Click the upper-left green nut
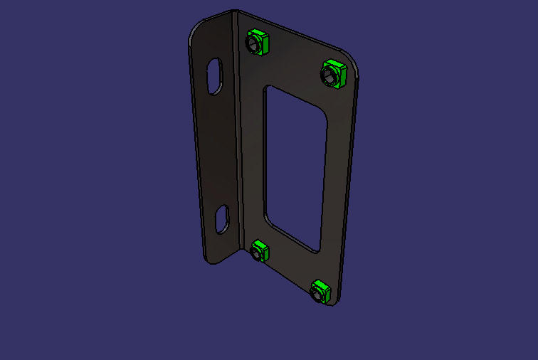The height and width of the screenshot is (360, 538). (257, 42)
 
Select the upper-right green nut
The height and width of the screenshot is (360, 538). (333, 73)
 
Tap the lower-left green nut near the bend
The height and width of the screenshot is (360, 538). (260, 251)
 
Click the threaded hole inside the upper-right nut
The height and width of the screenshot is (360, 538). (331, 74)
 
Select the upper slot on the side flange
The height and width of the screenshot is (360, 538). (214, 76)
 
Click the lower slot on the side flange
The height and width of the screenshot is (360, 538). (223, 218)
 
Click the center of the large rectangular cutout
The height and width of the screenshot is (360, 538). (295, 167)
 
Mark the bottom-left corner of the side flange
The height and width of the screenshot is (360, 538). (208, 263)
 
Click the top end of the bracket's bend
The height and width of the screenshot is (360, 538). (235, 11)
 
